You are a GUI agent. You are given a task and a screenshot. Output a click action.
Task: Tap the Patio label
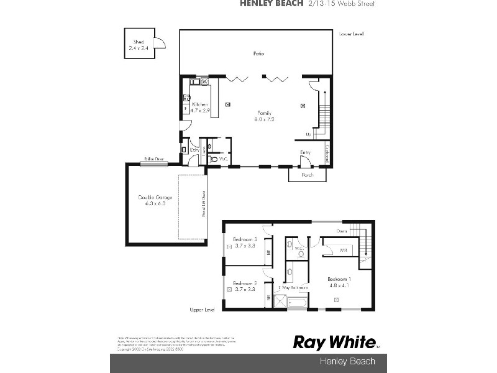(258, 54)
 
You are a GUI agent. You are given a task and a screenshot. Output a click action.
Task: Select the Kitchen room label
(200, 104)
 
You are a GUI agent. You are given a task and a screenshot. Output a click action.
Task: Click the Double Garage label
(155, 198)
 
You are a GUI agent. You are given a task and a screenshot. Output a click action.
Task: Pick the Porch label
(307, 175)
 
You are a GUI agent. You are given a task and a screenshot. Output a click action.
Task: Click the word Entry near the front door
(306, 152)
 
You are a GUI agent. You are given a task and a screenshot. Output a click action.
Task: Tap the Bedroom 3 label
(245, 239)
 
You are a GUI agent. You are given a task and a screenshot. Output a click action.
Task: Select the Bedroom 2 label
(245, 283)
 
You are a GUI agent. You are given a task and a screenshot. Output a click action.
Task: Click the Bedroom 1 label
(340, 279)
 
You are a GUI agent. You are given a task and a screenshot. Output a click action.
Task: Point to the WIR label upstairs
(344, 251)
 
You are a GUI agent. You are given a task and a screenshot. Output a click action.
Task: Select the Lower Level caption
(352, 33)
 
